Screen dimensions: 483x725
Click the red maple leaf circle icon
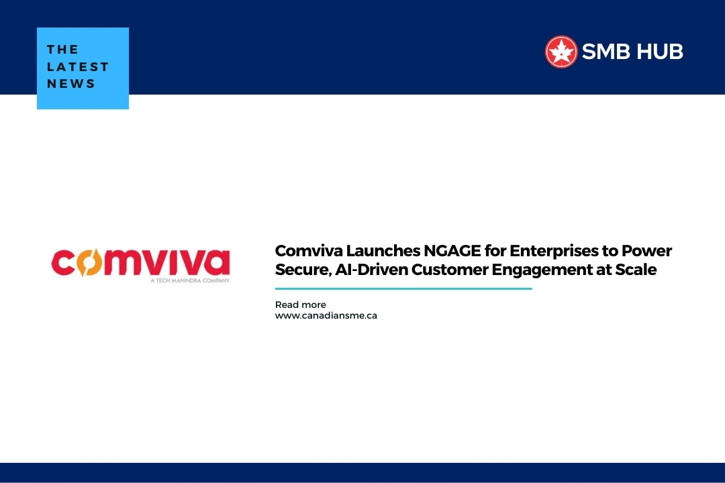click(x=561, y=52)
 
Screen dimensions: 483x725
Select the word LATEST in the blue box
click(x=78, y=66)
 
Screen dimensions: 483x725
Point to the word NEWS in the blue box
click(x=71, y=84)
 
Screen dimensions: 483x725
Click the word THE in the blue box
click(x=63, y=50)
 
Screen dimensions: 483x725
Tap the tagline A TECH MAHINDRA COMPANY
click(x=190, y=280)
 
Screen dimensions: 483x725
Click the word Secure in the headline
click(x=300, y=270)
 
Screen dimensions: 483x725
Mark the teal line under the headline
click(x=403, y=288)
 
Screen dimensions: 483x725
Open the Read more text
click(x=300, y=305)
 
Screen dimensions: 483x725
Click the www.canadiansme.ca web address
click(x=326, y=315)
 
